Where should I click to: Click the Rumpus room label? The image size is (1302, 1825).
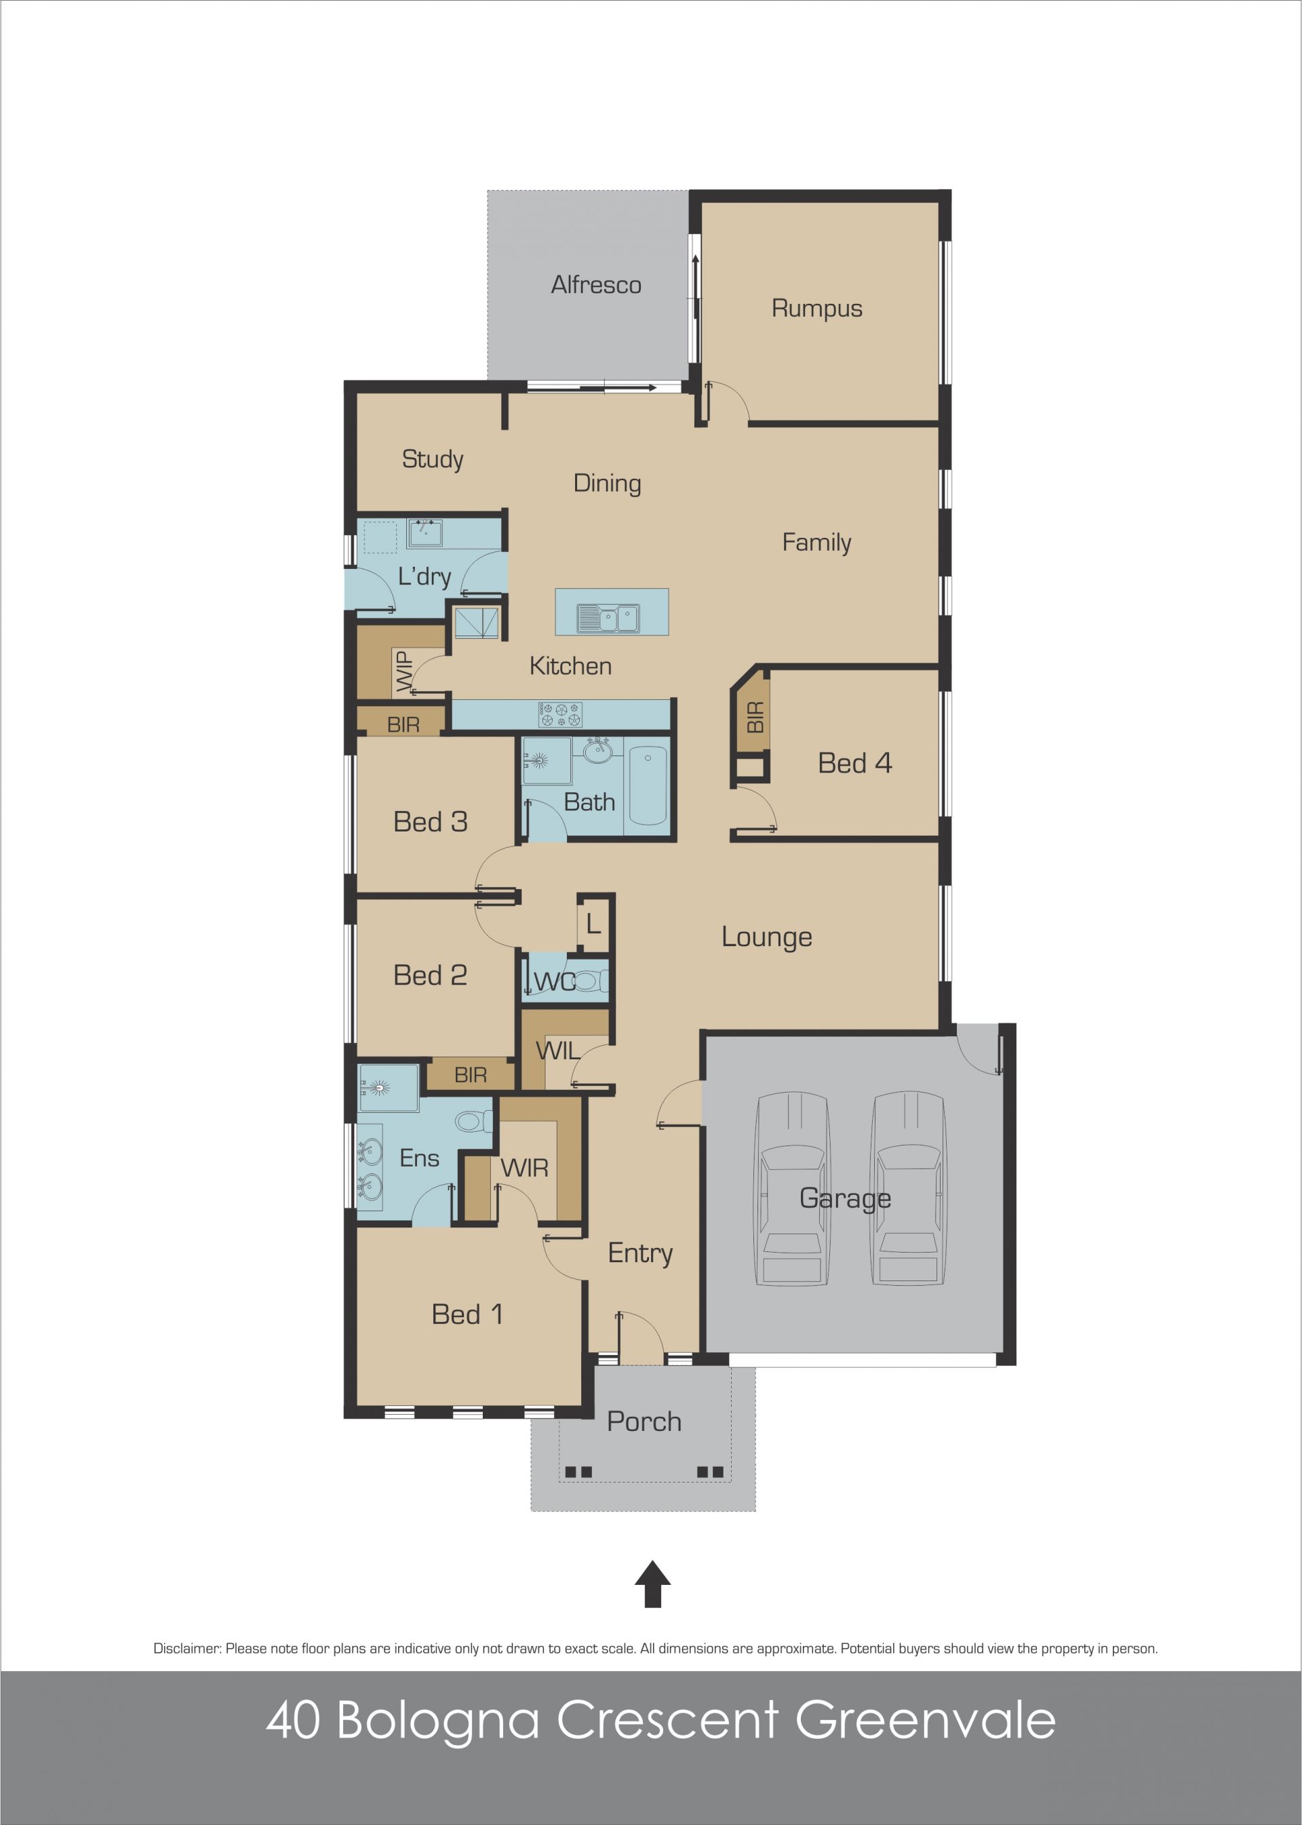(816, 308)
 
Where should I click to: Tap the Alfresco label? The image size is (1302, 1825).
(595, 285)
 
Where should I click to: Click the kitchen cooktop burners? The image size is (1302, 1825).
(560, 714)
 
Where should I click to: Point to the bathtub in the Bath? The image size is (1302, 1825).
(648, 785)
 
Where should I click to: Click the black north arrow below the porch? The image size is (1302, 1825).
(652, 1584)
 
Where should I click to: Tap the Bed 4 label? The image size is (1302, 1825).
(854, 762)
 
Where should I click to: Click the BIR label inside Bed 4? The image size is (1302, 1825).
(755, 717)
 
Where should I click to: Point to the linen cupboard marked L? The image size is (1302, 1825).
(593, 924)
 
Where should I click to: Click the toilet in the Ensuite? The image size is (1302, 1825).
(474, 1120)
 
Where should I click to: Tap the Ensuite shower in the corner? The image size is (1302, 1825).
(388, 1088)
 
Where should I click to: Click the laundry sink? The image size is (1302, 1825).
(425, 533)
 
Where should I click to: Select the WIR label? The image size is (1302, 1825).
(524, 1167)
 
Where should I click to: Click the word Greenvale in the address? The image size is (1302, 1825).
(925, 1720)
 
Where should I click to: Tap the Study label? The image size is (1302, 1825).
(432, 459)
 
